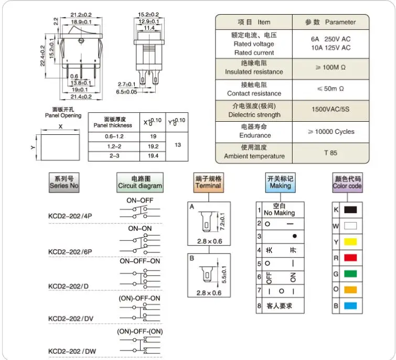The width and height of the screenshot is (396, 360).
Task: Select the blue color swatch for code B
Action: tap(350, 305)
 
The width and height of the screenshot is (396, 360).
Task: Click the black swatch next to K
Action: tap(350, 209)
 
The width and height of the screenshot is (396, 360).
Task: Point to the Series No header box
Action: tap(63, 182)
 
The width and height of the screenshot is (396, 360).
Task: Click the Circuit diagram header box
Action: tap(140, 182)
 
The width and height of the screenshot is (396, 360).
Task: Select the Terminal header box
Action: tap(208, 182)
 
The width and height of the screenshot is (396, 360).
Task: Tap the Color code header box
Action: tap(347, 182)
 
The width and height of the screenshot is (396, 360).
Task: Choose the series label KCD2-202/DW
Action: tap(72, 350)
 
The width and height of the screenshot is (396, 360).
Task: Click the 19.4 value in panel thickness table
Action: tap(154, 156)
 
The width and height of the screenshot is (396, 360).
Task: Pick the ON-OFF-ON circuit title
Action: tap(140, 261)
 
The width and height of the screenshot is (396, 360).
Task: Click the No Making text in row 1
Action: tap(279, 213)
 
